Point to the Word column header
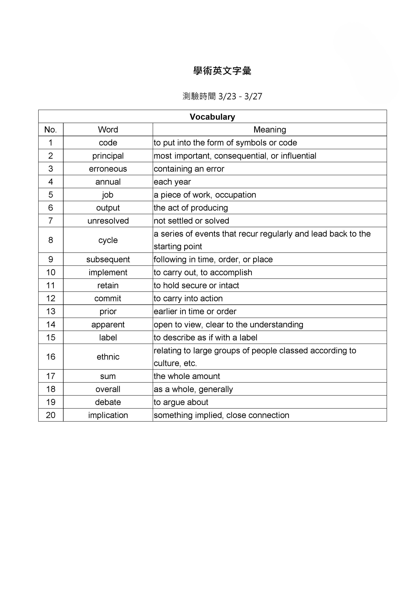[x=108, y=130]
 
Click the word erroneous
[x=108, y=169]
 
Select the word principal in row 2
[x=108, y=156]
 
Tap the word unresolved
[x=108, y=221]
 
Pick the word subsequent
[x=108, y=259]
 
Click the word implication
[x=108, y=415]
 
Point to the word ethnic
[x=108, y=357]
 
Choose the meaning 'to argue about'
[x=181, y=402]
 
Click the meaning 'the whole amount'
[x=187, y=376]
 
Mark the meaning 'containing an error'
[x=189, y=169]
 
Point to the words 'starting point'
[x=178, y=247]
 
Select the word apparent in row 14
[x=108, y=324]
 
